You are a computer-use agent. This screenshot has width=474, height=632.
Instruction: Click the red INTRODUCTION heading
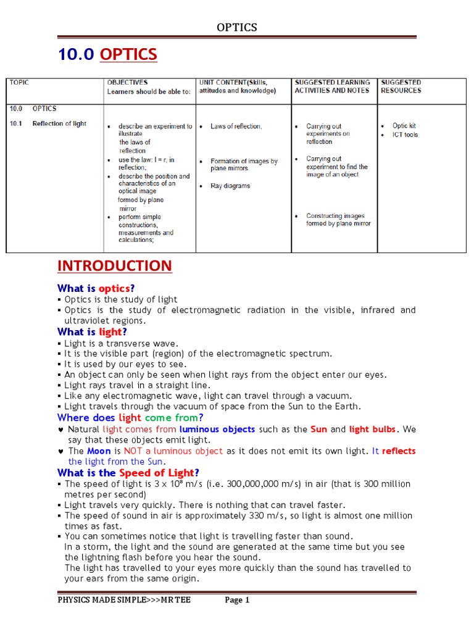pyautogui.click(x=115, y=266)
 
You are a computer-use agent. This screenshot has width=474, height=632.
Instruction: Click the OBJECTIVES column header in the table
pyautogui.click(x=127, y=82)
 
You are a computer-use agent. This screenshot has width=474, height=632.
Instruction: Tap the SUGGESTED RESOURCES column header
pyautogui.click(x=401, y=86)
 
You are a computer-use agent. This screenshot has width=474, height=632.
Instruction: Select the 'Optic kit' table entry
pyautogui.click(x=404, y=126)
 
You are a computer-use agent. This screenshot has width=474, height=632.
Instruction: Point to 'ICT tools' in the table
pyautogui.click(x=405, y=135)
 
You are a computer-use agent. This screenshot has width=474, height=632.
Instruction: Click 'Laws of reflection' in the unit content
pyautogui.click(x=236, y=127)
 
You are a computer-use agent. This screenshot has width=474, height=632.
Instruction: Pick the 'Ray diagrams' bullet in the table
pyautogui.click(x=230, y=186)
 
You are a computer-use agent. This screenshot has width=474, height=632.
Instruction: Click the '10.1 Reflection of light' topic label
pyautogui.click(x=48, y=123)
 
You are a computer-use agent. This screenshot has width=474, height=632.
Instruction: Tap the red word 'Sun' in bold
pyautogui.click(x=318, y=429)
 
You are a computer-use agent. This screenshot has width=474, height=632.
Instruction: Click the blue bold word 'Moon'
pyautogui.click(x=99, y=451)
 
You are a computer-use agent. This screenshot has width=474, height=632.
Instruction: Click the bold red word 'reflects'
pyautogui.click(x=399, y=451)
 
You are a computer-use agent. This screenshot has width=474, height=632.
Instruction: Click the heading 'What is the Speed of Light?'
pyautogui.click(x=128, y=473)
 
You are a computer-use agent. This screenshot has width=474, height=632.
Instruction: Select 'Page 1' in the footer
pyautogui.click(x=237, y=600)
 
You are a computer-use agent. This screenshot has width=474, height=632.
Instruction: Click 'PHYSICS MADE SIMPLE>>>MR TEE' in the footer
pyautogui.click(x=124, y=600)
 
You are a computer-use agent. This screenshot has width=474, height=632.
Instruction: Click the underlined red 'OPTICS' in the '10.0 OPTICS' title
pyautogui.click(x=128, y=54)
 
